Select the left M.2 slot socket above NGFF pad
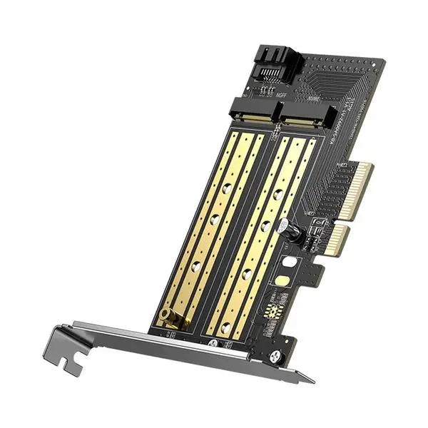[x=253, y=111]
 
